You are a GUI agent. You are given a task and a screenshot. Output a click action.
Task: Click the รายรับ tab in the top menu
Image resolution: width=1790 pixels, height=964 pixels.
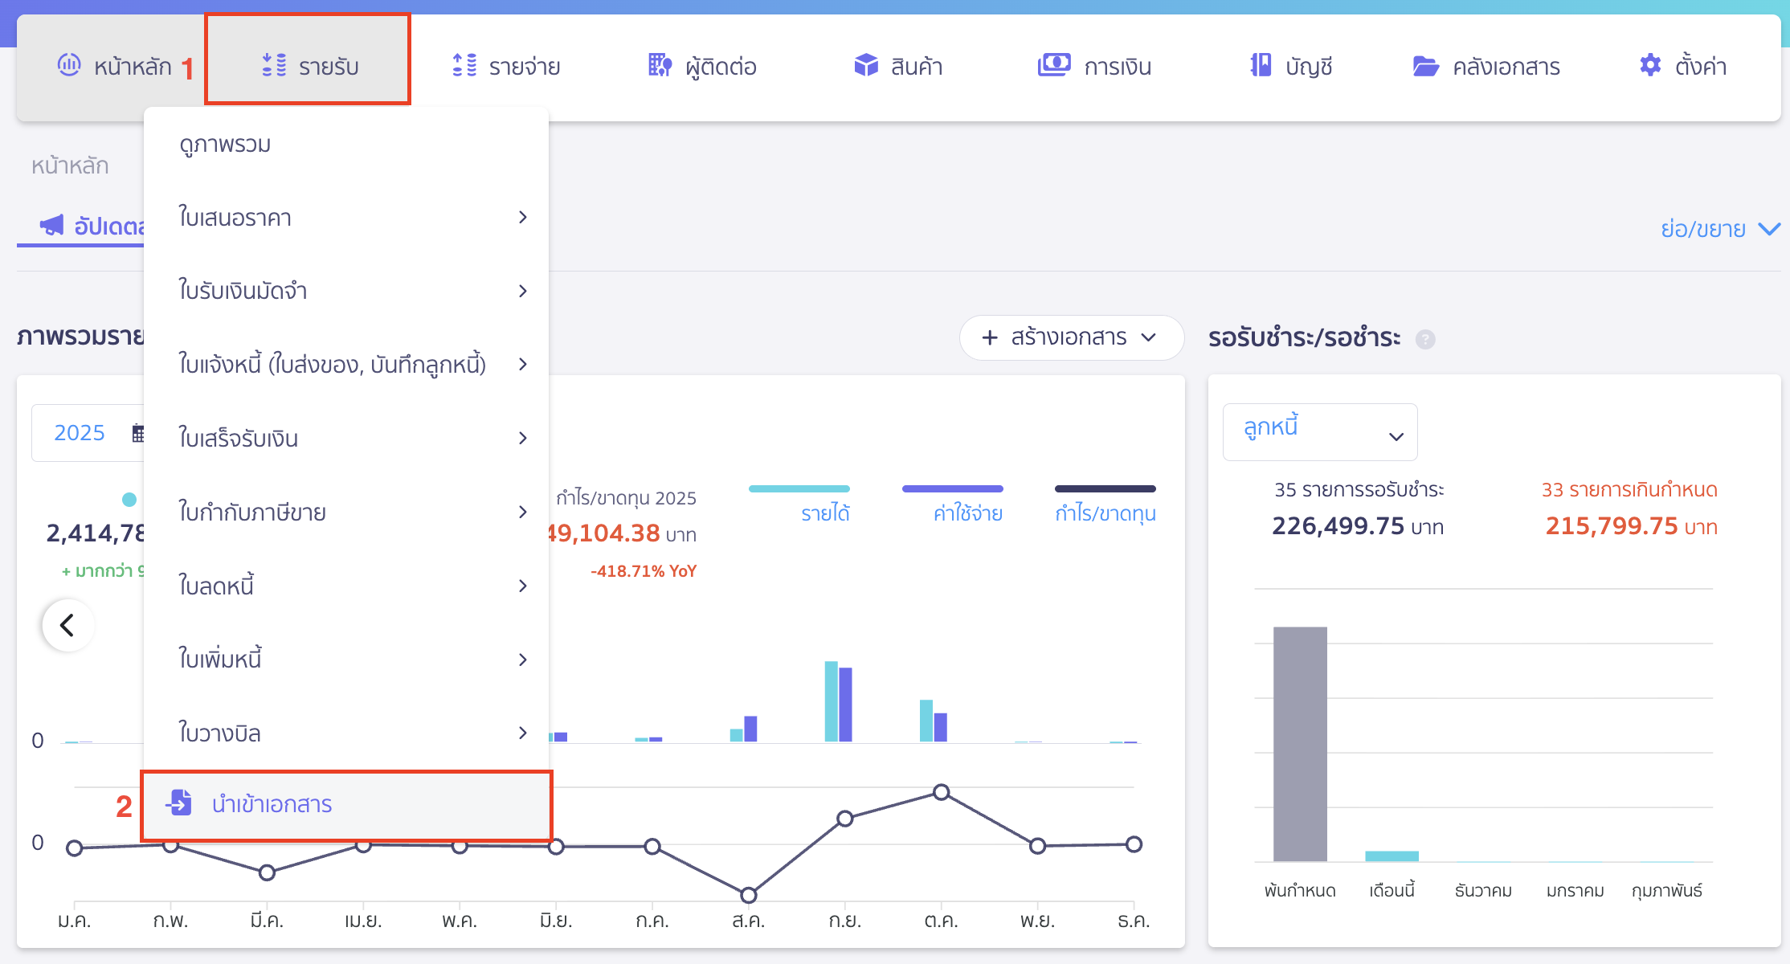click(x=309, y=66)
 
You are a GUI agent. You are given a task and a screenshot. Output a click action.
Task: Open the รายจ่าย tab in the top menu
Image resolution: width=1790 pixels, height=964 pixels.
click(x=506, y=66)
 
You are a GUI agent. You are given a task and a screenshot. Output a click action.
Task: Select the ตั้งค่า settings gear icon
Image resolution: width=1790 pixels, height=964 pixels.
click(x=1650, y=65)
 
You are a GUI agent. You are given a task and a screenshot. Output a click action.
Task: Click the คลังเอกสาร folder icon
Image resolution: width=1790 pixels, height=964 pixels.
click(x=1425, y=66)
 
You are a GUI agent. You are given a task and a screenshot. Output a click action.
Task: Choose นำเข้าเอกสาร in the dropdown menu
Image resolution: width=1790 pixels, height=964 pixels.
click(x=272, y=804)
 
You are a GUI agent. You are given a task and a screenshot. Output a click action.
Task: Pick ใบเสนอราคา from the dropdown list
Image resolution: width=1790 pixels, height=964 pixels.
click(x=235, y=218)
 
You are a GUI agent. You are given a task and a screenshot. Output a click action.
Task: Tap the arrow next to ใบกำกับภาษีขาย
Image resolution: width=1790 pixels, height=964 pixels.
click(x=523, y=512)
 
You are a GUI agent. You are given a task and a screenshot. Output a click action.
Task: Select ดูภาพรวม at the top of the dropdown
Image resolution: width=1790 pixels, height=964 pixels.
click(x=225, y=145)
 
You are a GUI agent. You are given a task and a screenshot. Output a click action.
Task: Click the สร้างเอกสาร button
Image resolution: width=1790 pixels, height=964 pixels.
click(x=1070, y=337)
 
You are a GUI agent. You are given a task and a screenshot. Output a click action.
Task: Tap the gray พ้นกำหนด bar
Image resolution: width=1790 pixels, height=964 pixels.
click(x=1300, y=743)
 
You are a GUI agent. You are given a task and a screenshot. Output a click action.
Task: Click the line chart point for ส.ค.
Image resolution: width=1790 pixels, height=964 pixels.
click(x=748, y=895)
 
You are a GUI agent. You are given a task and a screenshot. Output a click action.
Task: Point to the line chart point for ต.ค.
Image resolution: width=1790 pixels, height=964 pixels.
click(x=942, y=793)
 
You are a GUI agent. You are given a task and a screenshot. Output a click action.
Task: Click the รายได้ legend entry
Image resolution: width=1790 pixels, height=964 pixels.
click(x=825, y=513)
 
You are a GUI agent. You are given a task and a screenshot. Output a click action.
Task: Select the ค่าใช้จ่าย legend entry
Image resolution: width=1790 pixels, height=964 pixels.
click(x=967, y=513)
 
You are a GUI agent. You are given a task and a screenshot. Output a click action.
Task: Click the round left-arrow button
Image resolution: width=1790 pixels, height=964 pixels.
click(x=68, y=625)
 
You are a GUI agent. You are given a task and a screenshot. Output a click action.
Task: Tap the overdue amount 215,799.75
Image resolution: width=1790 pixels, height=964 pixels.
click(x=1612, y=526)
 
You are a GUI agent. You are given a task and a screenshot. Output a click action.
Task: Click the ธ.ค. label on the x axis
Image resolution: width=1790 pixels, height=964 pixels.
click(x=1133, y=921)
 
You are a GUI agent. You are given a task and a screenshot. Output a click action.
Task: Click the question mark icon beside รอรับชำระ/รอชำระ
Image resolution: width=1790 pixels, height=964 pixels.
click(x=1425, y=340)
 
